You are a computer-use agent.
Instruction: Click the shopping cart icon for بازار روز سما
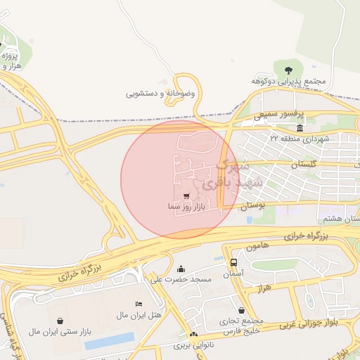point(186,196)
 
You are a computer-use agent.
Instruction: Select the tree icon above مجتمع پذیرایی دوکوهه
point(289,69)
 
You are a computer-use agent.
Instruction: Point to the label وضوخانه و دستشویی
point(160,93)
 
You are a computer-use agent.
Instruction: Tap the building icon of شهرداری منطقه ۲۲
point(300,127)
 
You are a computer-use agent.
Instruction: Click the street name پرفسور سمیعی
point(279,113)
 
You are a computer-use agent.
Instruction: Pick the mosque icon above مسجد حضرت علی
point(181,269)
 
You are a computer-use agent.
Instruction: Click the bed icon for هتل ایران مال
point(139,303)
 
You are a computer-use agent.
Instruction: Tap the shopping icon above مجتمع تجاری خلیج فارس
point(242,310)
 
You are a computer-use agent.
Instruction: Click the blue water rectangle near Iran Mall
point(109,341)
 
